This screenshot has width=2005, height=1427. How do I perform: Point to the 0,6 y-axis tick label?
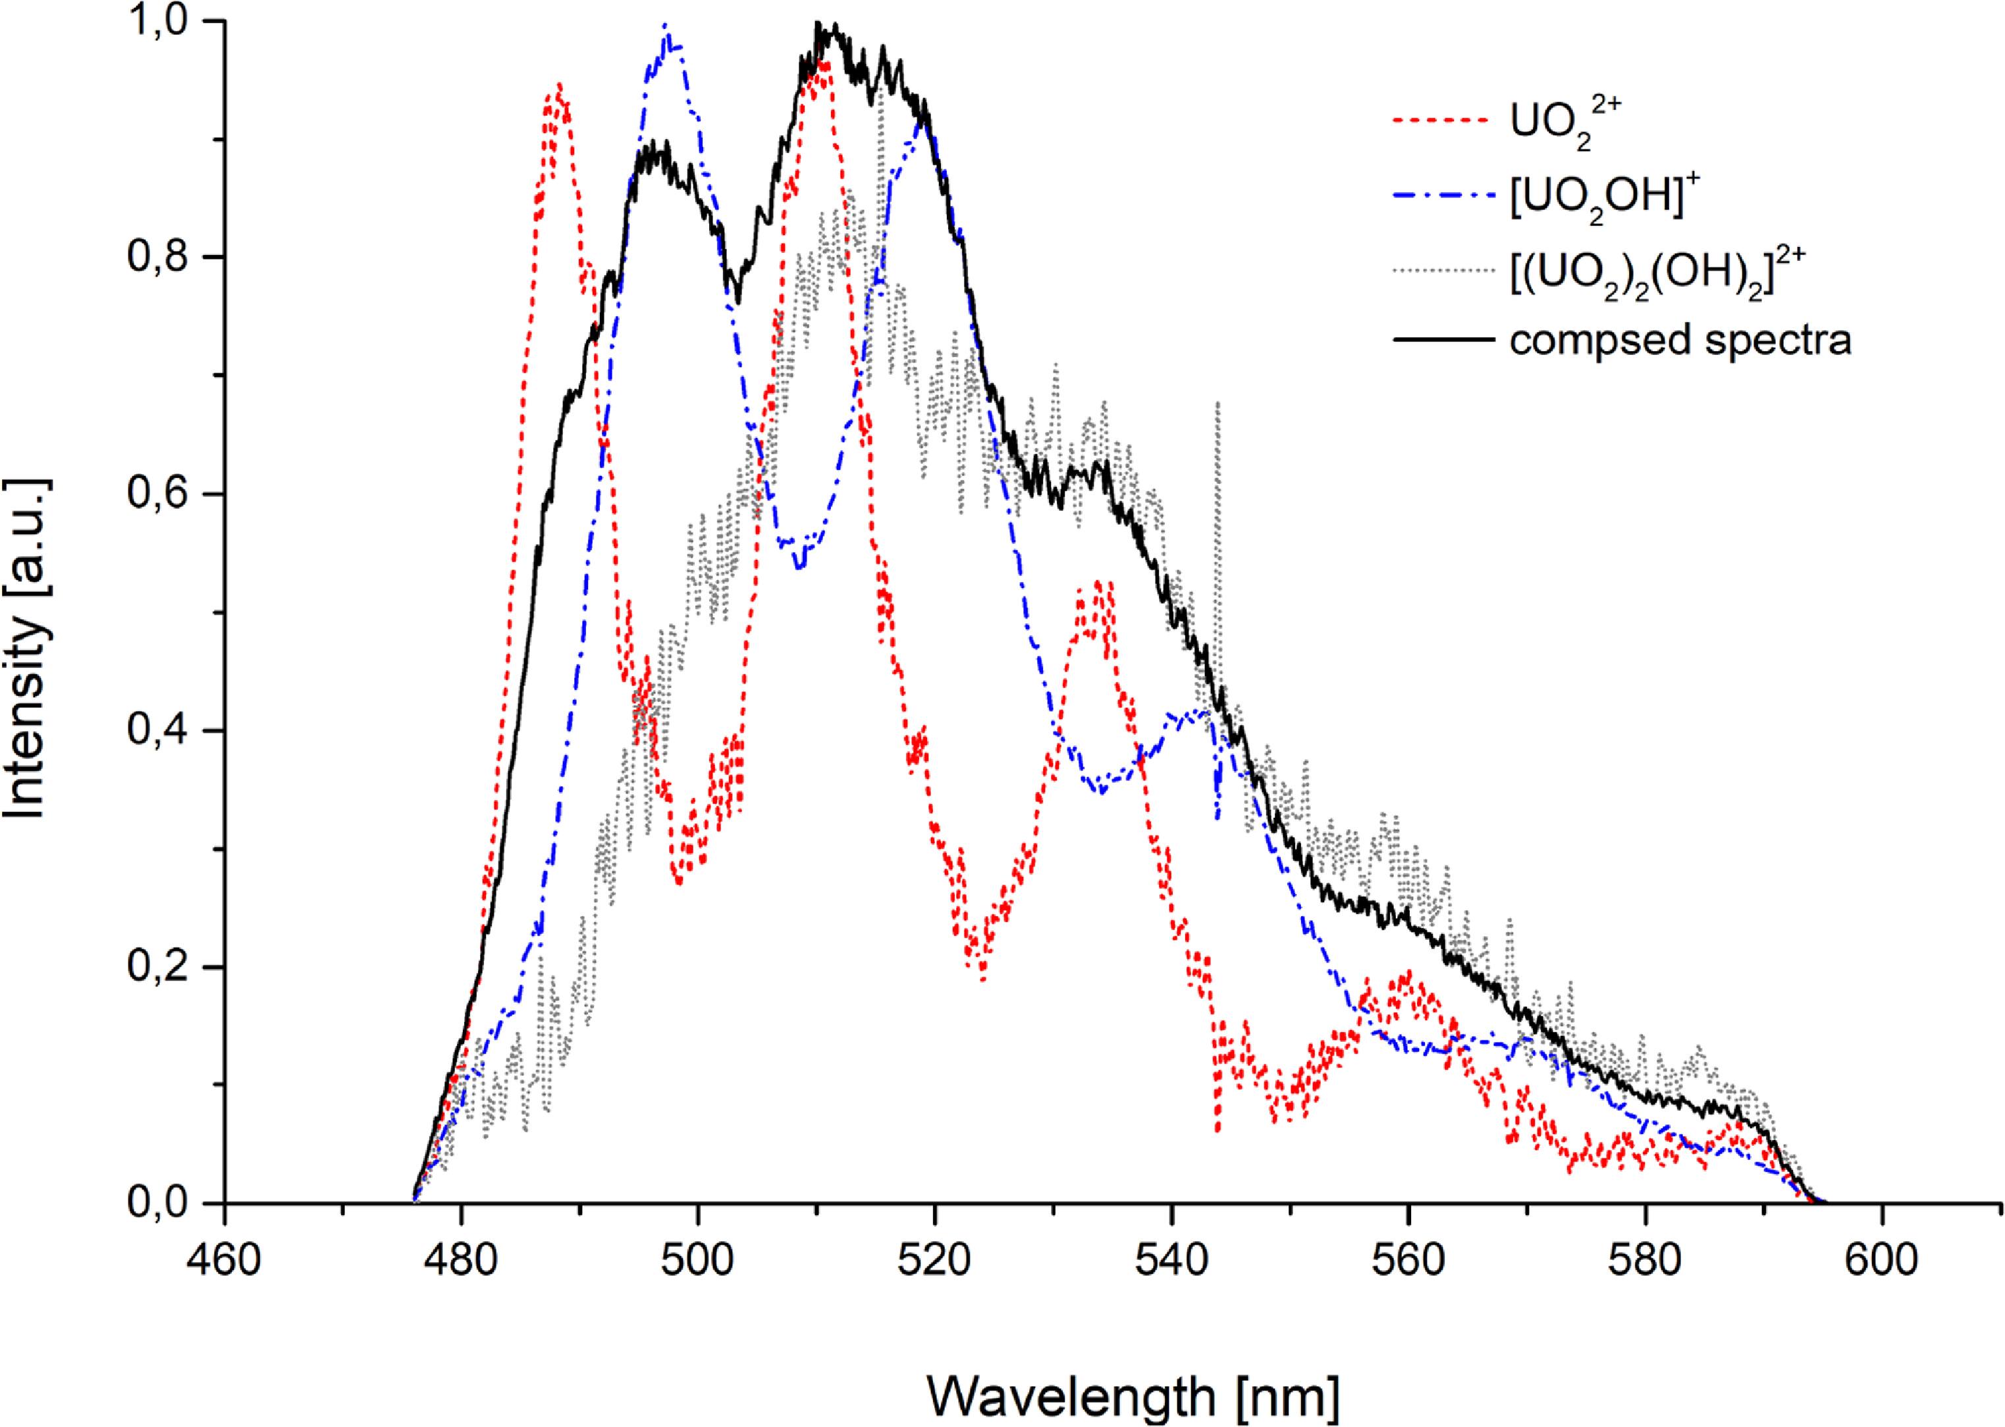(x=162, y=494)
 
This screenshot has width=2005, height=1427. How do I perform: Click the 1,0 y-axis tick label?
(x=162, y=21)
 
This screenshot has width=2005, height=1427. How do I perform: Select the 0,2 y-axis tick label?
(x=162, y=967)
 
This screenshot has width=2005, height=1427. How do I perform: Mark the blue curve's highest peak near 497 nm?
(x=665, y=26)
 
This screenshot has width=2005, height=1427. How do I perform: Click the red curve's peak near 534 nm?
(x=1098, y=584)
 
